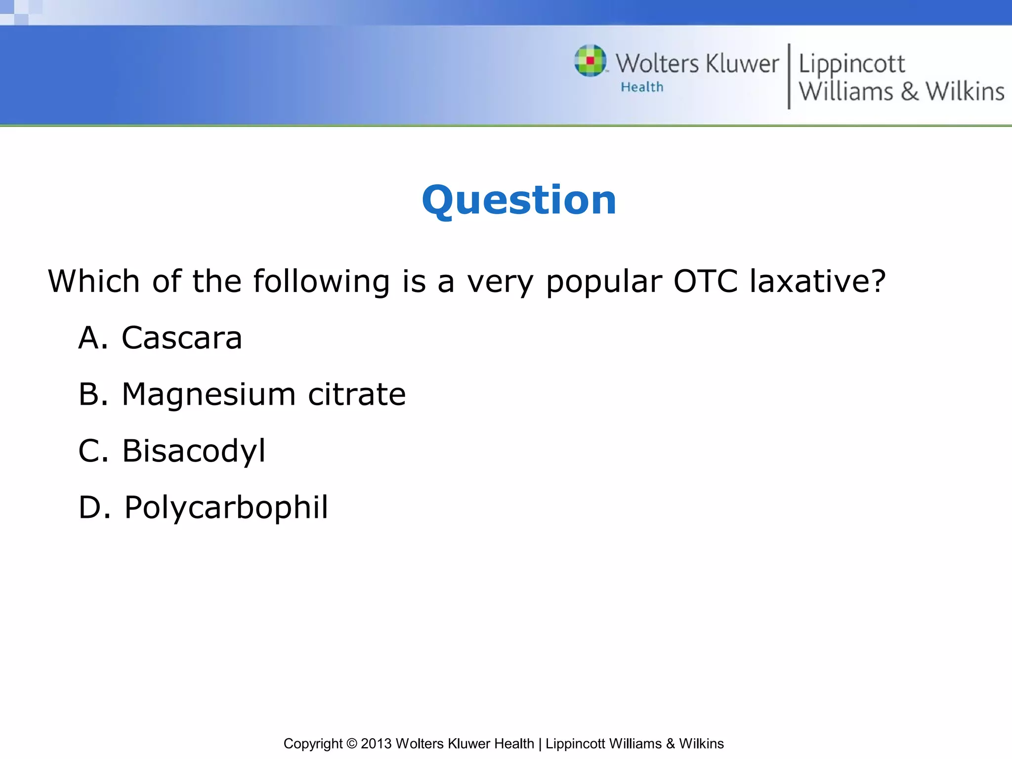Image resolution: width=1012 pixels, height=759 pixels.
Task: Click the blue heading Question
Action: pos(519,200)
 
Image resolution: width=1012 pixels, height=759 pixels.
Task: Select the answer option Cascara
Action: pos(182,338)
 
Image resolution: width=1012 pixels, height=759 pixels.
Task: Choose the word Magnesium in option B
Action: pos(209,395)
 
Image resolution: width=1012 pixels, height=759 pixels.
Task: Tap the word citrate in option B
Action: pos(356,395)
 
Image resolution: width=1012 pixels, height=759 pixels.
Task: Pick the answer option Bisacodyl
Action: pos(194,451)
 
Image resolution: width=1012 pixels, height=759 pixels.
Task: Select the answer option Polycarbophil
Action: pos(226,507)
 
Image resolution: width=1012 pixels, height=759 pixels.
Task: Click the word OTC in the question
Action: pos(706,281)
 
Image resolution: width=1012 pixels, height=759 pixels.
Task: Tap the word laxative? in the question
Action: pos(818,281)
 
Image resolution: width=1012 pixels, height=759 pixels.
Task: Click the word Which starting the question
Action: pos(94,281)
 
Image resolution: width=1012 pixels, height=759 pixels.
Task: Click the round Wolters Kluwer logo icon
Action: pos(590,61)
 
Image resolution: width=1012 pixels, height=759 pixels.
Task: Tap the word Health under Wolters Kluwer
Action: pos(642,87)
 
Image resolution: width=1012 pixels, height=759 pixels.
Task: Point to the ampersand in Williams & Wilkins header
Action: pos(909,92)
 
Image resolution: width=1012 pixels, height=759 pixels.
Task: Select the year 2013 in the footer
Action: pos(376,744)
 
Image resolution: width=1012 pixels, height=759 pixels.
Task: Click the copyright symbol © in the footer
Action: pos(351,744)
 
